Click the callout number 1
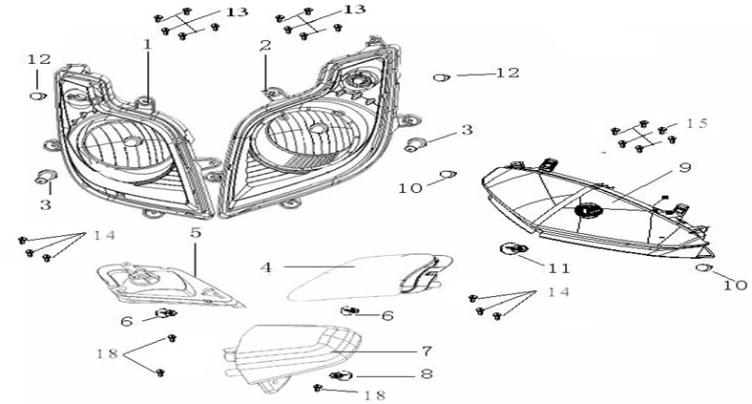click(148, 45)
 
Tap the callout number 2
click(264, 45)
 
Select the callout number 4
click(267, 267)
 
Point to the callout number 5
click(195, 232)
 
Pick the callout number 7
click(427, 351)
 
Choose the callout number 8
click(427, 374)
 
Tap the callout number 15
click(697, 123)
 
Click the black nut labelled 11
click(512, 250)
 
